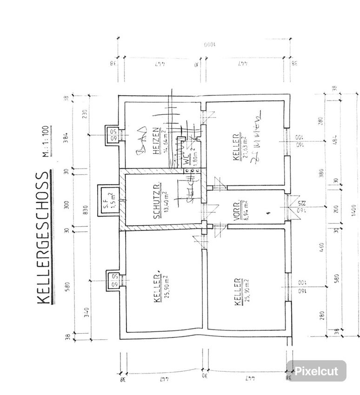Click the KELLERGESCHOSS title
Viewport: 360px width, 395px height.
pyautogui.click(x=43, y=238)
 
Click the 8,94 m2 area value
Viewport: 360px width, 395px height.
pyautogui.click(x=245, y=209)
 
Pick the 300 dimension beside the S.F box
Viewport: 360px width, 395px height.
pyautogui.click(x=67, y=205)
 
